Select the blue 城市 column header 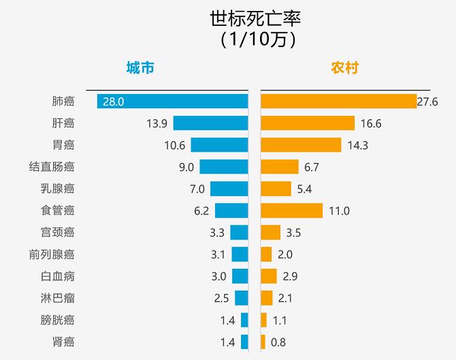pos(140,68)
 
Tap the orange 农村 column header pos(345,68)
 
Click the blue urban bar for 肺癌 pos(172,101)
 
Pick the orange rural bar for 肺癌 pos(338,101)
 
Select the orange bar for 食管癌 pos(291,210)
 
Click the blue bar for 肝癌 pos(210,123)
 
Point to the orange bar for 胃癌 pos(301,145)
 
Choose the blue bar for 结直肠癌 pos(223,167)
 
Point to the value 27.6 pos(427,101)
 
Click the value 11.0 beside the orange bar pos(339,211)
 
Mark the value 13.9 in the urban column pos(157,123)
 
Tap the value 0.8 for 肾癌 pos(278,342)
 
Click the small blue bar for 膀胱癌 pos(244,320)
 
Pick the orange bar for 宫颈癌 pos(270,233)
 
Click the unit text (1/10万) pos(257,39)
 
